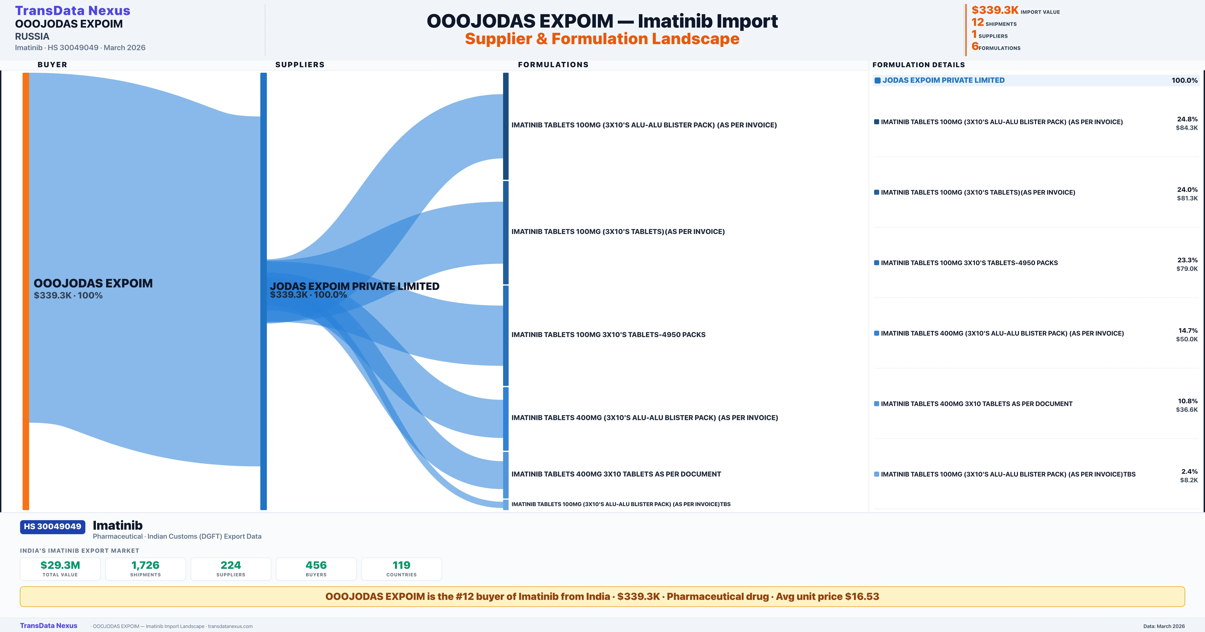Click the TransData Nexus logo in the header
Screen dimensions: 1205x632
click(73, 10)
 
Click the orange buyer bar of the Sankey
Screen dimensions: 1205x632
click(26, 291)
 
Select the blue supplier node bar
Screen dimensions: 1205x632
click(263, 291)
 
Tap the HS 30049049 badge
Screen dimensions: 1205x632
click(52, 526)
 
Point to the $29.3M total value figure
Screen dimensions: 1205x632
click(60, 565)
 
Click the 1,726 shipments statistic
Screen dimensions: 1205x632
click(146, 565)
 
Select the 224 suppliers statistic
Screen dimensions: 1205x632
click(231, 565)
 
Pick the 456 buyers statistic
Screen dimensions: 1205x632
click(316, 565)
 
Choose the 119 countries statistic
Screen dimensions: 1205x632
click(401, 565)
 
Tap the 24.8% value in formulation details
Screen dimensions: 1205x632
click(1187, 119)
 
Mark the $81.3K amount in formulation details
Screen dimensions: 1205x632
click(1187, 198)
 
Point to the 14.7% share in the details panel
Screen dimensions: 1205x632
click(1188, 331)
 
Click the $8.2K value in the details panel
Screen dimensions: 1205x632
click(1189, 480)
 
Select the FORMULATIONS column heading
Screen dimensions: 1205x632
click(553, 64)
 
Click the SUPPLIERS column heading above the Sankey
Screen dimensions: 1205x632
click(300, 64)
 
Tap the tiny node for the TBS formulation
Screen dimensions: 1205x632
click(506, 504)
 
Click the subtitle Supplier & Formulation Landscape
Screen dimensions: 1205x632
click(602, 39)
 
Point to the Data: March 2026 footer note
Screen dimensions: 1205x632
click(1164, 626)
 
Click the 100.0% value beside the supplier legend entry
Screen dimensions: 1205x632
click(1184, 81)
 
